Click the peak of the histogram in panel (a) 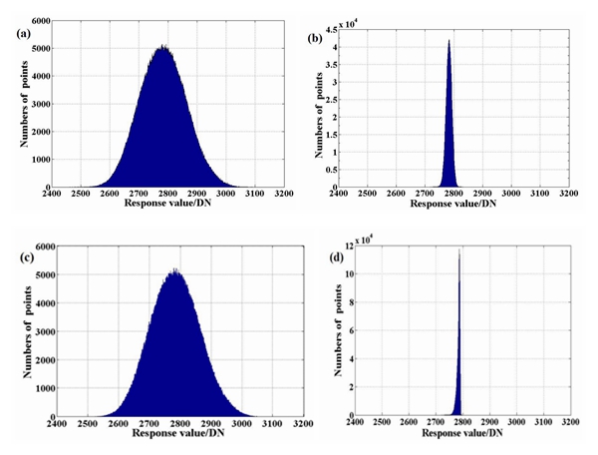(x=163, y=45)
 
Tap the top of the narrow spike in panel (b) (x=449, y=40)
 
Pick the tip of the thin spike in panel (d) (x=459, y=250)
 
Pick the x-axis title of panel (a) (x=166, y=205)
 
